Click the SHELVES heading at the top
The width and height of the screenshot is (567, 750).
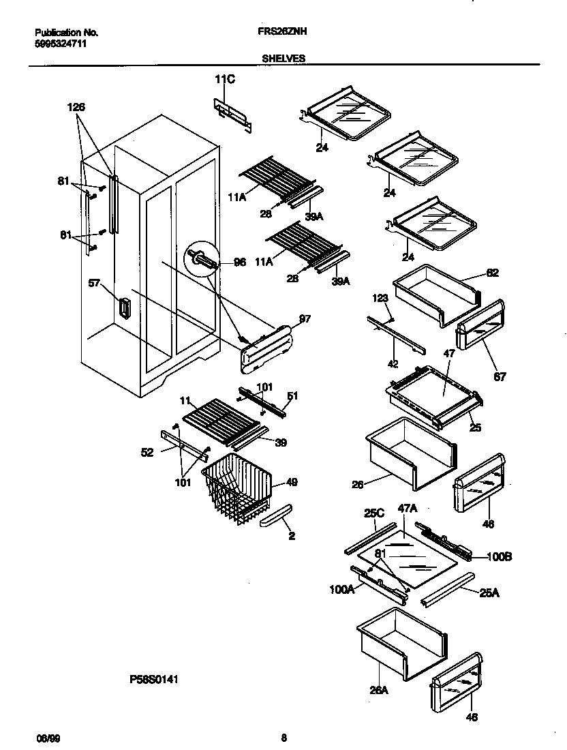coord(283,59)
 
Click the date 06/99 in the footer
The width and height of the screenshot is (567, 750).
coord(44,738)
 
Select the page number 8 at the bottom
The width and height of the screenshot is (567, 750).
coord(283,737)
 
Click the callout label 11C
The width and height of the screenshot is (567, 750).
coord(224,80)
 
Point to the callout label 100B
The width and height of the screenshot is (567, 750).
coord(500,556)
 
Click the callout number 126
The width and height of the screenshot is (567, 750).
coord(76,107)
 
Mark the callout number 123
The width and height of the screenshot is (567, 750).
coord(380,298)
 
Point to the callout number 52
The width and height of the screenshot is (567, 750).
coord(148,451)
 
